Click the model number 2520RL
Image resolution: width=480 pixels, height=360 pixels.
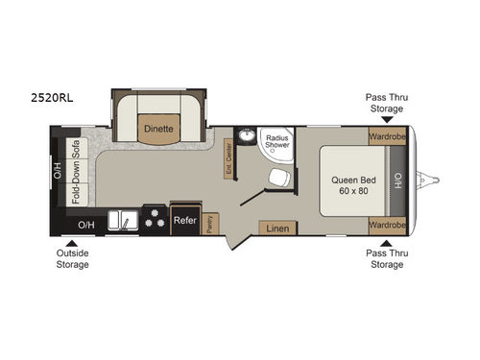point(49,98)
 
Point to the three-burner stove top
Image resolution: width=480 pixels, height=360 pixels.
point(155,219)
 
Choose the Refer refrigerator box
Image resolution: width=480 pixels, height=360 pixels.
point(185,220)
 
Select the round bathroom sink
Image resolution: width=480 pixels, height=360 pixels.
point(246,136)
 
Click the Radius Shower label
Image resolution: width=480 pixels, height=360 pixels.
point(277,141)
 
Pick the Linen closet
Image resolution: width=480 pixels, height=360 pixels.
point(277,228)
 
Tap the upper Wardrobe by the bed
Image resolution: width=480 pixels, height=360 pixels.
point(387,135)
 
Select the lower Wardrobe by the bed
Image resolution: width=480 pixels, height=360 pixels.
point(387,227)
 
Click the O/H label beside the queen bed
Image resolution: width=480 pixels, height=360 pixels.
point(399,180)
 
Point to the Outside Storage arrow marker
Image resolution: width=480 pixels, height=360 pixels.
point(72,244)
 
